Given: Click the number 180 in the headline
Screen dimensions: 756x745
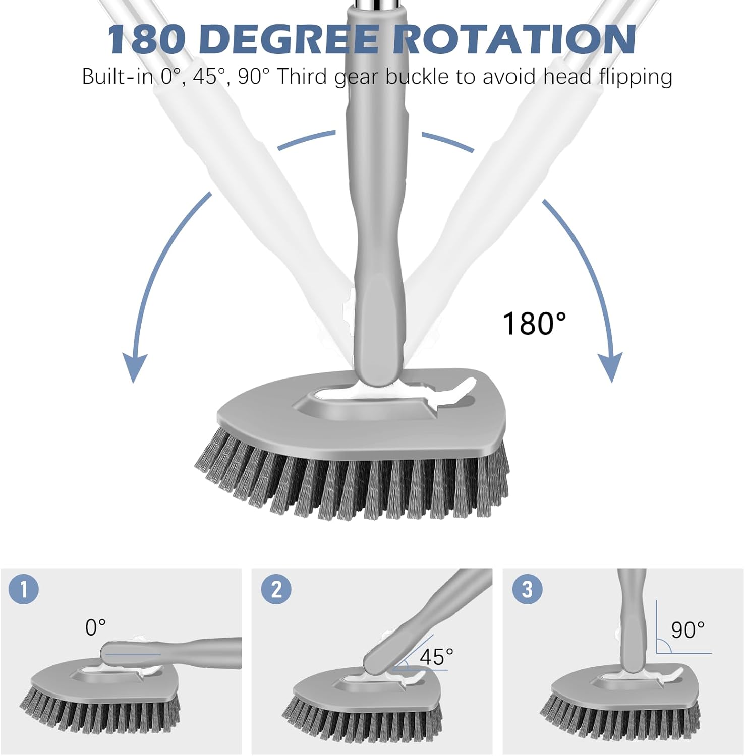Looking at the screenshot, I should pyautogui.click(x=146, y=39).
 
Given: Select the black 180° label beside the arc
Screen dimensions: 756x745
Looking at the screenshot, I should pyautogui.click(x=534, y=323).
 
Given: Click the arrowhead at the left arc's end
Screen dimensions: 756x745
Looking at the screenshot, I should pyautogui.click(x=135, y=367).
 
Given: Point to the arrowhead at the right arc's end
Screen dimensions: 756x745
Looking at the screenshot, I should pyautogui.click(x=610, y=366).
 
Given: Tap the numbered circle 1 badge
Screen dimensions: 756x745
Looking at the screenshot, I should pyautogui.click(x=24, y=589).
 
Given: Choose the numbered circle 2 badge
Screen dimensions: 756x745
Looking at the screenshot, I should pyautogui.click(x=276, y=589).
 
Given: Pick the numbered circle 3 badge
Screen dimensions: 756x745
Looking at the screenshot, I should pyautogui.click(x=527, y=589).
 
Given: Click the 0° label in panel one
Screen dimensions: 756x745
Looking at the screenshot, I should pyautogui.click(x=95, y=627).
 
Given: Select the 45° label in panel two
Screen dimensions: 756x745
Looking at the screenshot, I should pyautogui.click(x=436, y=657).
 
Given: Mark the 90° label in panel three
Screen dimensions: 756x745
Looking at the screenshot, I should pyautogui.click(x=687, y=630).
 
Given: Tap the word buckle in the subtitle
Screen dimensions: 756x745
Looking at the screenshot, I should pyautogui.click(x=417, y=77).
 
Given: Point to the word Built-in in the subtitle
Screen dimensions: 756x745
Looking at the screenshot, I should pyautogui.click(x=117, y=77).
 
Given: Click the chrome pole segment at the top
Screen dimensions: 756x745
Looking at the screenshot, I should pyautogui.click(x=376, y=4).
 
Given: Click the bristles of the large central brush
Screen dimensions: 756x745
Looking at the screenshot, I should pyautogui.click(x=353, y=484).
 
